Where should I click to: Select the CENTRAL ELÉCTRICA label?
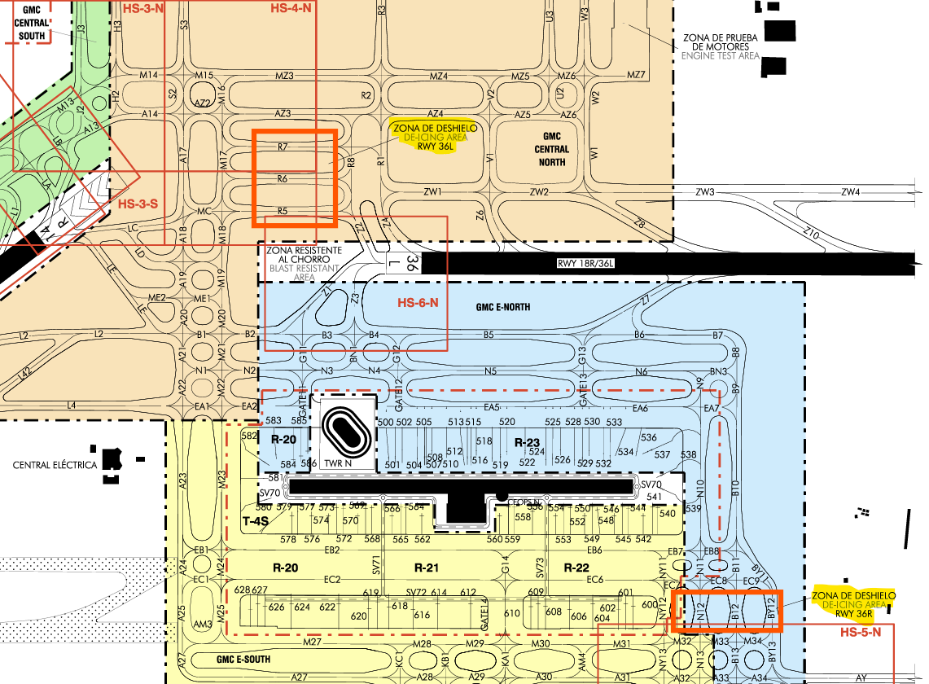coord(55,465)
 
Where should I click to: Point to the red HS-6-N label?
coord(418,303)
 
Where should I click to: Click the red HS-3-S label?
coord(137,203)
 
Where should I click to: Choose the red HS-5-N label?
coord(861,633)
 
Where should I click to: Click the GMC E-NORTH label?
coord(502,308)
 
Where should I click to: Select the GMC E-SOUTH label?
coord(243,659)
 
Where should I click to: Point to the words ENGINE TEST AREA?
coord(720,56)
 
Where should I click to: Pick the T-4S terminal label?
coord(255,520)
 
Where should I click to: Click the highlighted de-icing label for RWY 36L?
coord(434,138)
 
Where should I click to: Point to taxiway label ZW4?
coord(850,192)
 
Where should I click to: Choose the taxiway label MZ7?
coord(635,75)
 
